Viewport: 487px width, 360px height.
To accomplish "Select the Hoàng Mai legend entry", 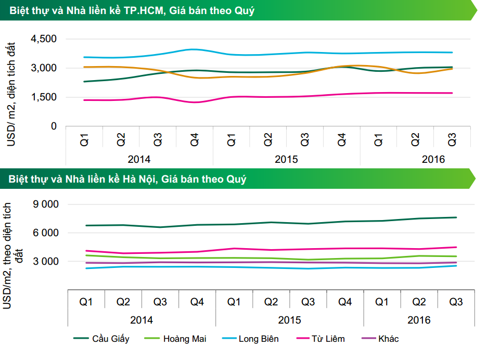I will click(184, 339).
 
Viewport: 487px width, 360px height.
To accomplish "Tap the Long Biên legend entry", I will click(259, 339).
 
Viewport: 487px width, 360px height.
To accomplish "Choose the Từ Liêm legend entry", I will click(328, 339).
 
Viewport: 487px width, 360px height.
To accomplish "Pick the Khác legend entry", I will click(389, 339).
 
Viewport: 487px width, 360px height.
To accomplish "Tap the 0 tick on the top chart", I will click(54, 126).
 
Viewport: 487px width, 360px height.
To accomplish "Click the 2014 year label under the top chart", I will click(139, 158).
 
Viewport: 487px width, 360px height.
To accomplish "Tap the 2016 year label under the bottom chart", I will click(419, 320).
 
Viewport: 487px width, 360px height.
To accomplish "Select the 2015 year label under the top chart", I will click(286, 158).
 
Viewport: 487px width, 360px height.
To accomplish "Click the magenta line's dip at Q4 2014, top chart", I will click(195, 102).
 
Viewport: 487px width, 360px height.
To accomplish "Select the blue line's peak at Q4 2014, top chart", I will click(195, 49).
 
